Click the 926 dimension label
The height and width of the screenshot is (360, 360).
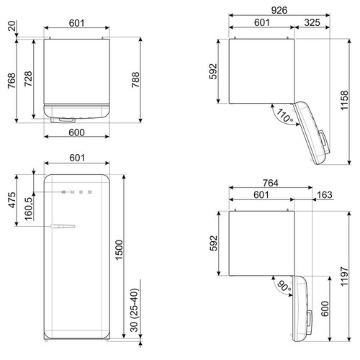279,10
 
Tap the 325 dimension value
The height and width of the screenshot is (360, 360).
312,22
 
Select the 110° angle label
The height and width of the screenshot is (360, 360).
284,115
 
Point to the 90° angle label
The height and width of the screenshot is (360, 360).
284,286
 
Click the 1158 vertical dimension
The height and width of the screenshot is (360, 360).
344,101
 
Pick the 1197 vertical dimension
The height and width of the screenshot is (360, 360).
344,276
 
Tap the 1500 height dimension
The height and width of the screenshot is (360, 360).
119,250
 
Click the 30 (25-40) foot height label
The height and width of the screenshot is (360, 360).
135,310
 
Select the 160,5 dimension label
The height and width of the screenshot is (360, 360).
28,209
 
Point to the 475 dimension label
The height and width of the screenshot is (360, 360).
12,200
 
